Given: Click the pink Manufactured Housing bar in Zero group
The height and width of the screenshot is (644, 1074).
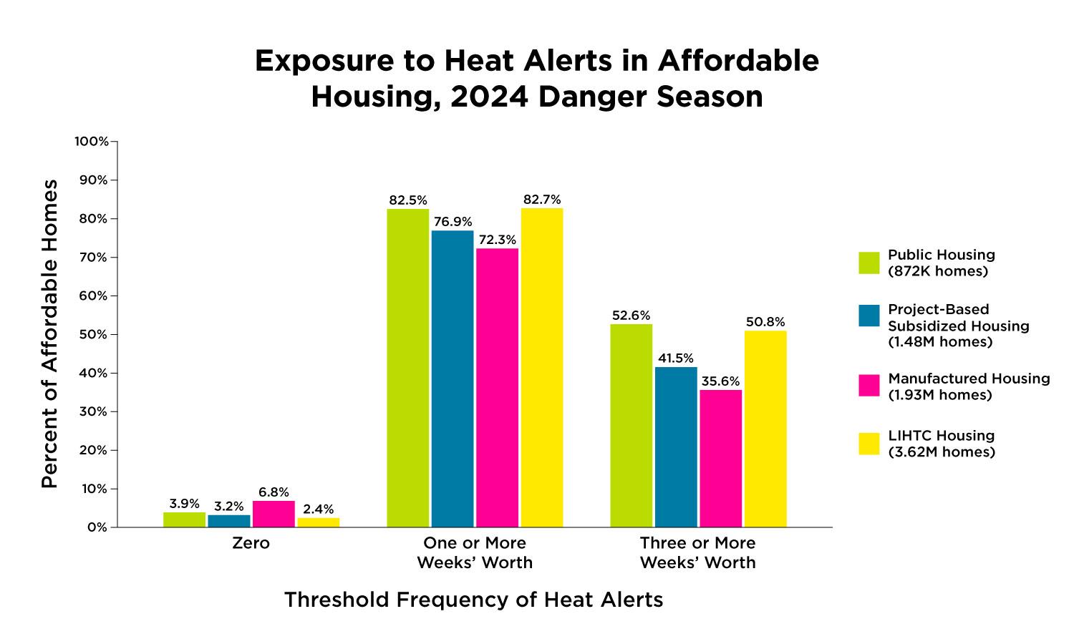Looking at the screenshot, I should pyautogui.click(x=274, y=514).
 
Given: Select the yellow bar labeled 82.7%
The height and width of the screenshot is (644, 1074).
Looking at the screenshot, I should pyautogui.click(x=542, y=368).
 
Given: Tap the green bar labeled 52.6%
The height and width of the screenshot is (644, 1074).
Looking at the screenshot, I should pyautogui.click(x=631, y=426).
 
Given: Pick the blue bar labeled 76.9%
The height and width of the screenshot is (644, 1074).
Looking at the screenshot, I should pyautogui.click(x=453, y=379).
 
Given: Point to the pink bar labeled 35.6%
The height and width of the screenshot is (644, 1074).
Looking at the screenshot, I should pyautogui.click(x=720, y=459).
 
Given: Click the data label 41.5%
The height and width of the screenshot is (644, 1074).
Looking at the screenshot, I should pyautogui.click(x=676, y=358).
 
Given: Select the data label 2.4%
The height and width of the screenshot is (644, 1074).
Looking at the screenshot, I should pyautogui.click(x=318, y=509).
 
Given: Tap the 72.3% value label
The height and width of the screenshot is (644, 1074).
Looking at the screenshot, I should pyautogui.click(x=497, y=240).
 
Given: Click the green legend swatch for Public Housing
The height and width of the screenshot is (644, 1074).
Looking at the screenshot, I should pyautogui.click(x=869, y=263).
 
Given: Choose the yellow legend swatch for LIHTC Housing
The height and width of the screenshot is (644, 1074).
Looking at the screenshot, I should pyautogui.click(x=869, y=444).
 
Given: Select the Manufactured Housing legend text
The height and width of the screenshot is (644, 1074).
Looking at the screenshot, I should pyautogui.click(x=969, y=386).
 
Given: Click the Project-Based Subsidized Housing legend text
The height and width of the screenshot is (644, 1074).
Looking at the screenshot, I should pyautogui.click(x=958, y=326).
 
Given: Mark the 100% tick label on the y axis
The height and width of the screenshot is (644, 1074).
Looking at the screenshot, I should pyautogui.click(x=92, y=142).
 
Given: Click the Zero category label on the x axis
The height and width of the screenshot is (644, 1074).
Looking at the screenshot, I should pyautogui.click(x=251, y=543).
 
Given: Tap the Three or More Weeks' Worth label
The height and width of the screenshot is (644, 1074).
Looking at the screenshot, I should pyautogui.click(x=698, y=552).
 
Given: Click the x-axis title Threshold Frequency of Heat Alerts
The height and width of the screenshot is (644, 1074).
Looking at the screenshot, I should pyautogui.click(x=473, y=600).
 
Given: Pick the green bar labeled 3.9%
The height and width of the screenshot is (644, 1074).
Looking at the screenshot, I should pyautogui.click(x=184, y=519).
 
